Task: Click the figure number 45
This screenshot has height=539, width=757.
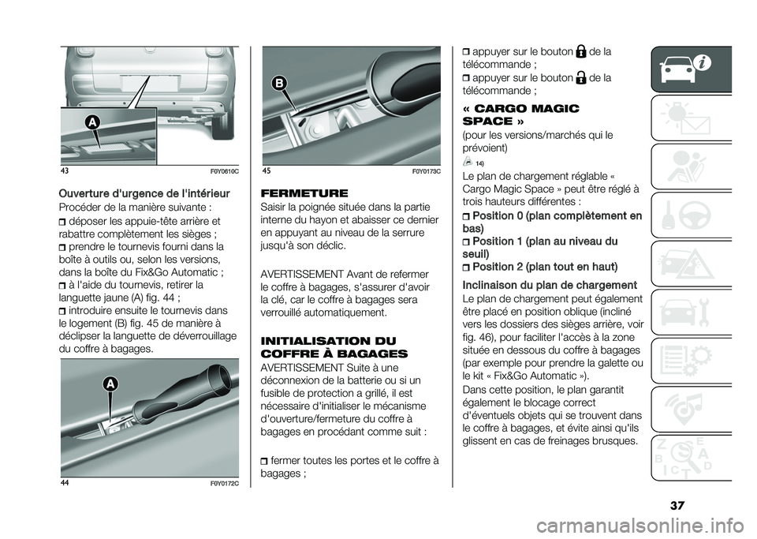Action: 267,172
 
